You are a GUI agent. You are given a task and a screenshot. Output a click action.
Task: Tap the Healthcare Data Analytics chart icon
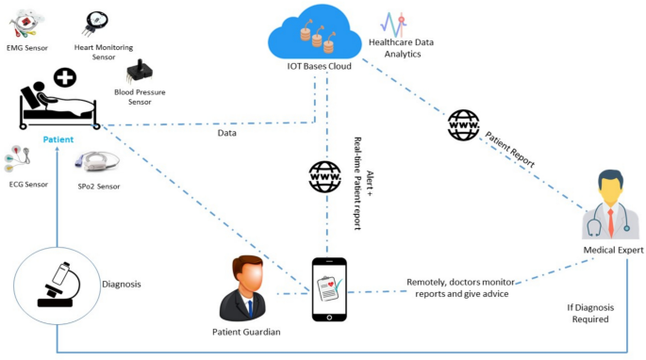393,25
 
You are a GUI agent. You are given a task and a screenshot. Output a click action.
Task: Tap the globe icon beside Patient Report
463,123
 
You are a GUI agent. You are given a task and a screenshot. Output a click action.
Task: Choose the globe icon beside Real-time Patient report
324,176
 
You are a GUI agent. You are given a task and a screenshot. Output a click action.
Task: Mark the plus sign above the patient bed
64,76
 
